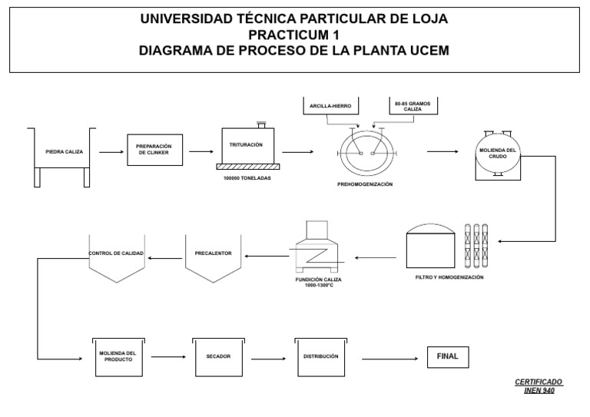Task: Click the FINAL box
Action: point(447,357)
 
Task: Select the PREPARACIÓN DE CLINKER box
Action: point(154,150)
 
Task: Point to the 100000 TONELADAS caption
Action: point(247,178)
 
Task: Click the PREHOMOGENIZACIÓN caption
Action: point(365,184)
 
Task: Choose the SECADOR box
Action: point(218,356)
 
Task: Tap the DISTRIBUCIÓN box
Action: point(320,356)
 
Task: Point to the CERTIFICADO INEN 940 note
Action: point(538,385)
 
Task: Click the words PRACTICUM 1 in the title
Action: point(294,35)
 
